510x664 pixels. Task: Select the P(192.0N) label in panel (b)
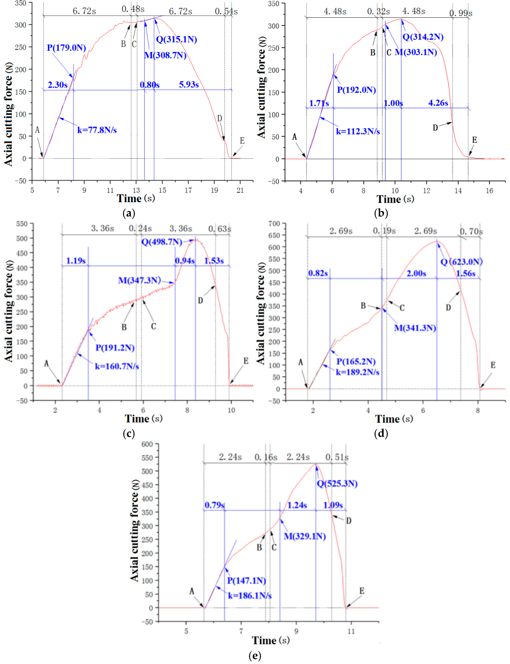point(356,90)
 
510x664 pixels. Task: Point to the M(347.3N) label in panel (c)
point(139,280)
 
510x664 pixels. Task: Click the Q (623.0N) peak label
point(461,262)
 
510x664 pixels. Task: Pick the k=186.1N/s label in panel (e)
point(249,596)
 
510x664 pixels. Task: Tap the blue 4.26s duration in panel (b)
point(438,103)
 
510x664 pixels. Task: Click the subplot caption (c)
point(129,434)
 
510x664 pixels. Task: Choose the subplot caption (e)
point(255,656)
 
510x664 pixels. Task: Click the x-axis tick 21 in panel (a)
point(240,190)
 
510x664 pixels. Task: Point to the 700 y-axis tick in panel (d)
point(274,224)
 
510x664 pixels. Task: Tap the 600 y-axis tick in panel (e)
point(147,444)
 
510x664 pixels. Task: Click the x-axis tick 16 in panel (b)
point(489,191)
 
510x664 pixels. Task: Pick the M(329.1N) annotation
point(305,536)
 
